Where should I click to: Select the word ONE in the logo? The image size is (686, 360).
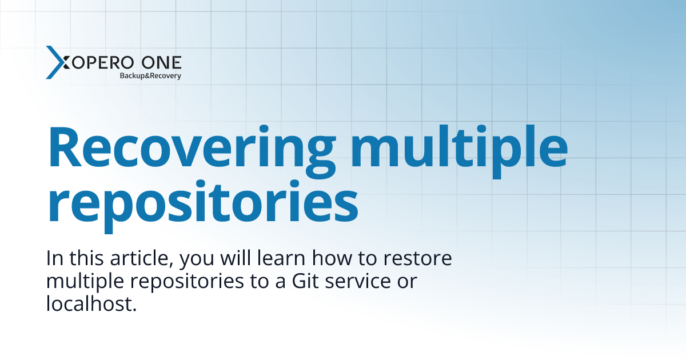(x=162, y=62)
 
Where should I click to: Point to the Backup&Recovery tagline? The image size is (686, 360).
(x=150, y=75)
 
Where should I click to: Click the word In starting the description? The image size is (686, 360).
(x=54, y=259)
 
